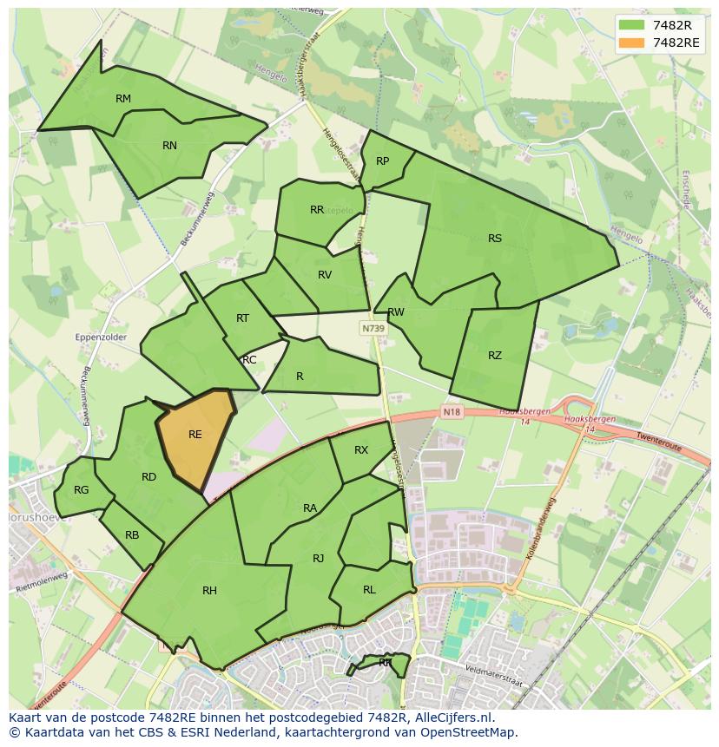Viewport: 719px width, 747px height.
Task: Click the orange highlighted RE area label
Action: pyautogui.click(x=195, y=435)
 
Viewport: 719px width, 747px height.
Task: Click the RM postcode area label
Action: pyautogui.click(x=123, y=99)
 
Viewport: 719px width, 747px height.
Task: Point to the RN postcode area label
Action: pyautogui.click(x=169, y=146)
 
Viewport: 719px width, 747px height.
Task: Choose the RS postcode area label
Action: pyautogui.click(x=495, y=239)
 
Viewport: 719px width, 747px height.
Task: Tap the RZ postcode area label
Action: pyautogui.click(x=495, y=356)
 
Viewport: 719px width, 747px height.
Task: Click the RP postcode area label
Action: pyautogui.click(x=382, y=161)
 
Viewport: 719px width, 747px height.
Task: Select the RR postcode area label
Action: pyautogui.click(x=317, y=210)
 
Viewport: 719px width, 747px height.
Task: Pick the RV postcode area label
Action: pyautogui.click(x=325, y=275)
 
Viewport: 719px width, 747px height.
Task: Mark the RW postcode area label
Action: pyautogui.click(x=396, y=312)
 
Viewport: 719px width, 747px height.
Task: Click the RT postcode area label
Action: pyautogui.click(x=242, y=318)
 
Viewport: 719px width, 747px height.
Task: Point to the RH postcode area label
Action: pyautogui.click(x=209, y=591)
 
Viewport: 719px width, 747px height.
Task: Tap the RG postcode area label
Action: pyautogui.click(x=81, y=490)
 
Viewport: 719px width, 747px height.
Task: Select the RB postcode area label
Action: pyautogui.click(x=132, y=535)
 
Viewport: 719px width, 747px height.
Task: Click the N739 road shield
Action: pyautogui.click(x=373, y=329)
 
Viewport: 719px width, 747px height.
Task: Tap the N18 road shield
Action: pyautogui.click(x=450, y=411)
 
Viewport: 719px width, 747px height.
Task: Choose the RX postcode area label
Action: pyautogui.click(x=361, y=450)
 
